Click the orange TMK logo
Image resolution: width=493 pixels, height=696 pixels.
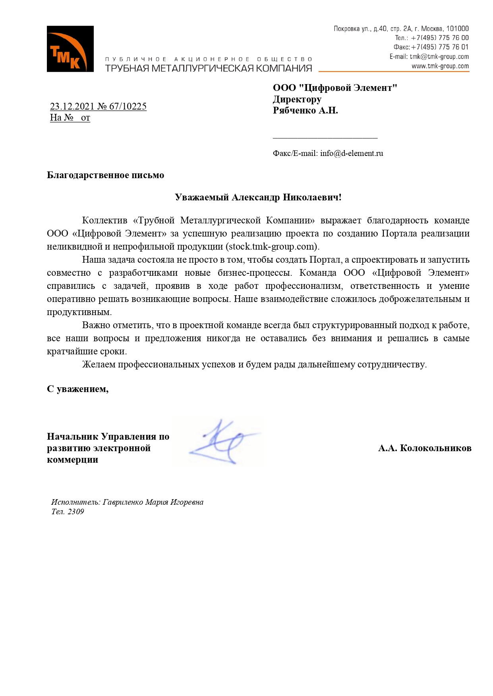click(x=70, y=49)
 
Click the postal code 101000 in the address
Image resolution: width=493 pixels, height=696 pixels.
click(x=457, y=29)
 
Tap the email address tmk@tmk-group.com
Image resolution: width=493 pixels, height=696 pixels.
click(x=439, y=57)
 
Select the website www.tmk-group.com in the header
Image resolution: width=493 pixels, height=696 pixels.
click(x=440, y=66)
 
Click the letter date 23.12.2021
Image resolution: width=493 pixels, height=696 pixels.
click(x=72, y=106)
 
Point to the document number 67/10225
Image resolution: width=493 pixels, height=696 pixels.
click(x=128, y=106)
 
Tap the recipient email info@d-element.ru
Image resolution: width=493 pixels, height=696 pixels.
click(x=352, y=153)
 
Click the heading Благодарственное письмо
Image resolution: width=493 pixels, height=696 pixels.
click(x=105, y=175)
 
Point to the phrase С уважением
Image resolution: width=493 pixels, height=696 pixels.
click(x=77, y=389)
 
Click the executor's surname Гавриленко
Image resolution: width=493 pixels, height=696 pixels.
click(x=123, y=502)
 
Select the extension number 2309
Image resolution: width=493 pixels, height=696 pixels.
click(x=75, y=511)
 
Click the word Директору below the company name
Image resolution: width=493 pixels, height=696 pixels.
click(x=297, y=99)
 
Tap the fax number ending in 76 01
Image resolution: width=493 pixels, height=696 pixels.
click(x=439, y=47)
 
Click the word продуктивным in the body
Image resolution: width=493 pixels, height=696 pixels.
click(x=79, y=312)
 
